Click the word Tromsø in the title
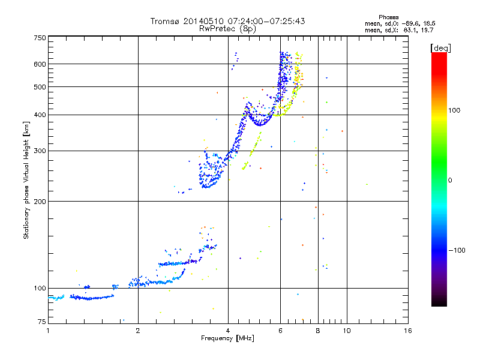tap(164, 21)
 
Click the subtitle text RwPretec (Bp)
tap(227, 28)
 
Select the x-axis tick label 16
tap(407, 331)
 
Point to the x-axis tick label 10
tap(346, 331)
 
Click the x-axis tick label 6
tap(280, 331)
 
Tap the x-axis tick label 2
tap(138, 331)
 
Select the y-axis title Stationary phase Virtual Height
tap(26, 180)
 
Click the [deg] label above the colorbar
tap(441, 47)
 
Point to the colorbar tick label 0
tap(451, 180)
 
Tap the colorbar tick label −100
tap(457, 250)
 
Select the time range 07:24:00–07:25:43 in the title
tap(254, 21)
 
